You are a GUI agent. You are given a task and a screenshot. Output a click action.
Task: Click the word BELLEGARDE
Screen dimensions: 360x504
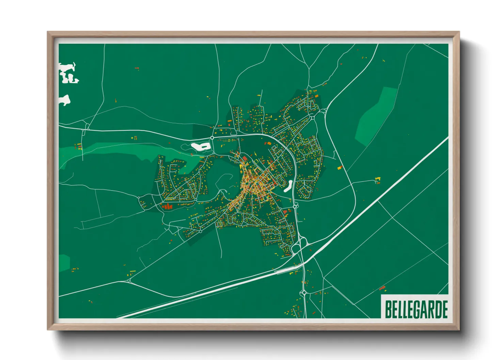coord(416,309)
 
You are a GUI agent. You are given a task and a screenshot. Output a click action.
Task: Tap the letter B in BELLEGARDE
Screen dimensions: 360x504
coord(388,309)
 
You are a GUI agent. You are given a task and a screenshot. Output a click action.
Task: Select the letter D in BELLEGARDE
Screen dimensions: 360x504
coord(437,309)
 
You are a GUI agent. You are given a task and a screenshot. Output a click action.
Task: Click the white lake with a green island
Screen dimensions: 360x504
coord(200,147)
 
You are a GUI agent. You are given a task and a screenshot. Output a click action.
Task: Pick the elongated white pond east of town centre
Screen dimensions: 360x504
coord(288,186)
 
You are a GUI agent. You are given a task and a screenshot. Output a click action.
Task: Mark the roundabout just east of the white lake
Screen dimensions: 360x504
coord(212,138)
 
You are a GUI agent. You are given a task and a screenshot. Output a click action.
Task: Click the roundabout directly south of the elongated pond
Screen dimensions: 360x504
coord(295,206)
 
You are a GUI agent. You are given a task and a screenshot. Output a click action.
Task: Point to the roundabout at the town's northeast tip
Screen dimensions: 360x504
coord(312,118)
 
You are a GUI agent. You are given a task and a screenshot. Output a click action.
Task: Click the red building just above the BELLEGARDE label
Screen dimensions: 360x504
coord(382,288)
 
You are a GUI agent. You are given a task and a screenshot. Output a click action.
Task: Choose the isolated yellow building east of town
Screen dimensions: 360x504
coord(377,179)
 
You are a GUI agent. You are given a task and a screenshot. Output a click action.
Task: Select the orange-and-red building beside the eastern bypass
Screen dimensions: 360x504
coord(340,167)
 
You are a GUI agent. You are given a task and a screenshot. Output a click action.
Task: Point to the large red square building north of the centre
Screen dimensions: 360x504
coord(245,159)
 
